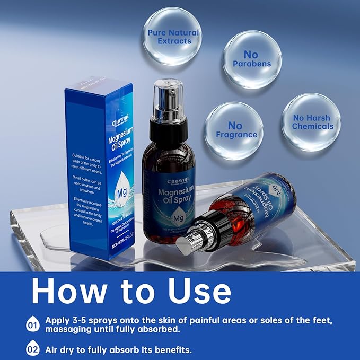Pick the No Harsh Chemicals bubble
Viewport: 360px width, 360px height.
[312, 121]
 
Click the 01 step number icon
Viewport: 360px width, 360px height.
[33, 323]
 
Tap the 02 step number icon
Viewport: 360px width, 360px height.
[33, 349]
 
